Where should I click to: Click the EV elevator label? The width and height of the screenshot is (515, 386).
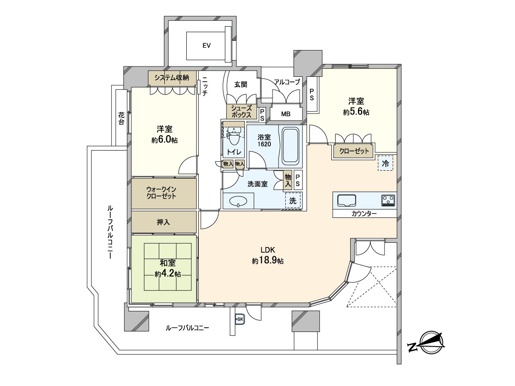coord(206,46)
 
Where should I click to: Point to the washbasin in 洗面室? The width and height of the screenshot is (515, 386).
coord(237,201)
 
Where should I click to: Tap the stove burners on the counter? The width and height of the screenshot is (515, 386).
coord(388,200)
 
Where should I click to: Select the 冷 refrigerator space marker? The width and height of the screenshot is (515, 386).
coord(385,163)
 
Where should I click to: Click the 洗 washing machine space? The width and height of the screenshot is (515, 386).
coord(293,200)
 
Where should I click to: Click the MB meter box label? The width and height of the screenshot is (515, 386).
coord(286,114)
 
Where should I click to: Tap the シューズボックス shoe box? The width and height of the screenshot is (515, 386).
coord(241,112)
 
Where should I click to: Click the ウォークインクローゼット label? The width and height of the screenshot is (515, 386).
coord(164,193)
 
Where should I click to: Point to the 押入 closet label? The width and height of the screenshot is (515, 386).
coord(164,222)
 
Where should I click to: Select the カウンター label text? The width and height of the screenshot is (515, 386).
coord(364,213)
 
